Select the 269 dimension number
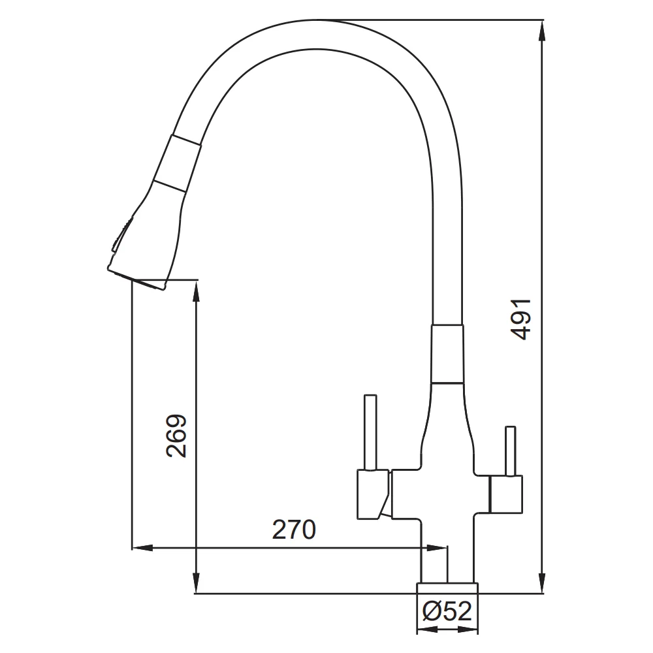click(x=176, y=436)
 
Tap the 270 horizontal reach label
click(x=294, y=530)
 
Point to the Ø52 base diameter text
click(x=447, y=611)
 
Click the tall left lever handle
click(x=370, y=432)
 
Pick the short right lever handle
click(x=510, y=451)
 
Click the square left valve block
click(x=373, y=494)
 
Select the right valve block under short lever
click(x=506, y=494)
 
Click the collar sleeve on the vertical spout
click(x=447, y=353)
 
